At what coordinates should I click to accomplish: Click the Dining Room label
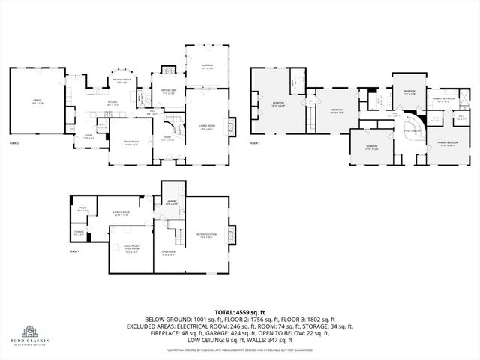[131, 142]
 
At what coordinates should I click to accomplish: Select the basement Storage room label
[79, 233]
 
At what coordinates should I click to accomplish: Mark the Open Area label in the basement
[169, 253]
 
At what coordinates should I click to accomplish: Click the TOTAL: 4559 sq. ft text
[239, 311]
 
